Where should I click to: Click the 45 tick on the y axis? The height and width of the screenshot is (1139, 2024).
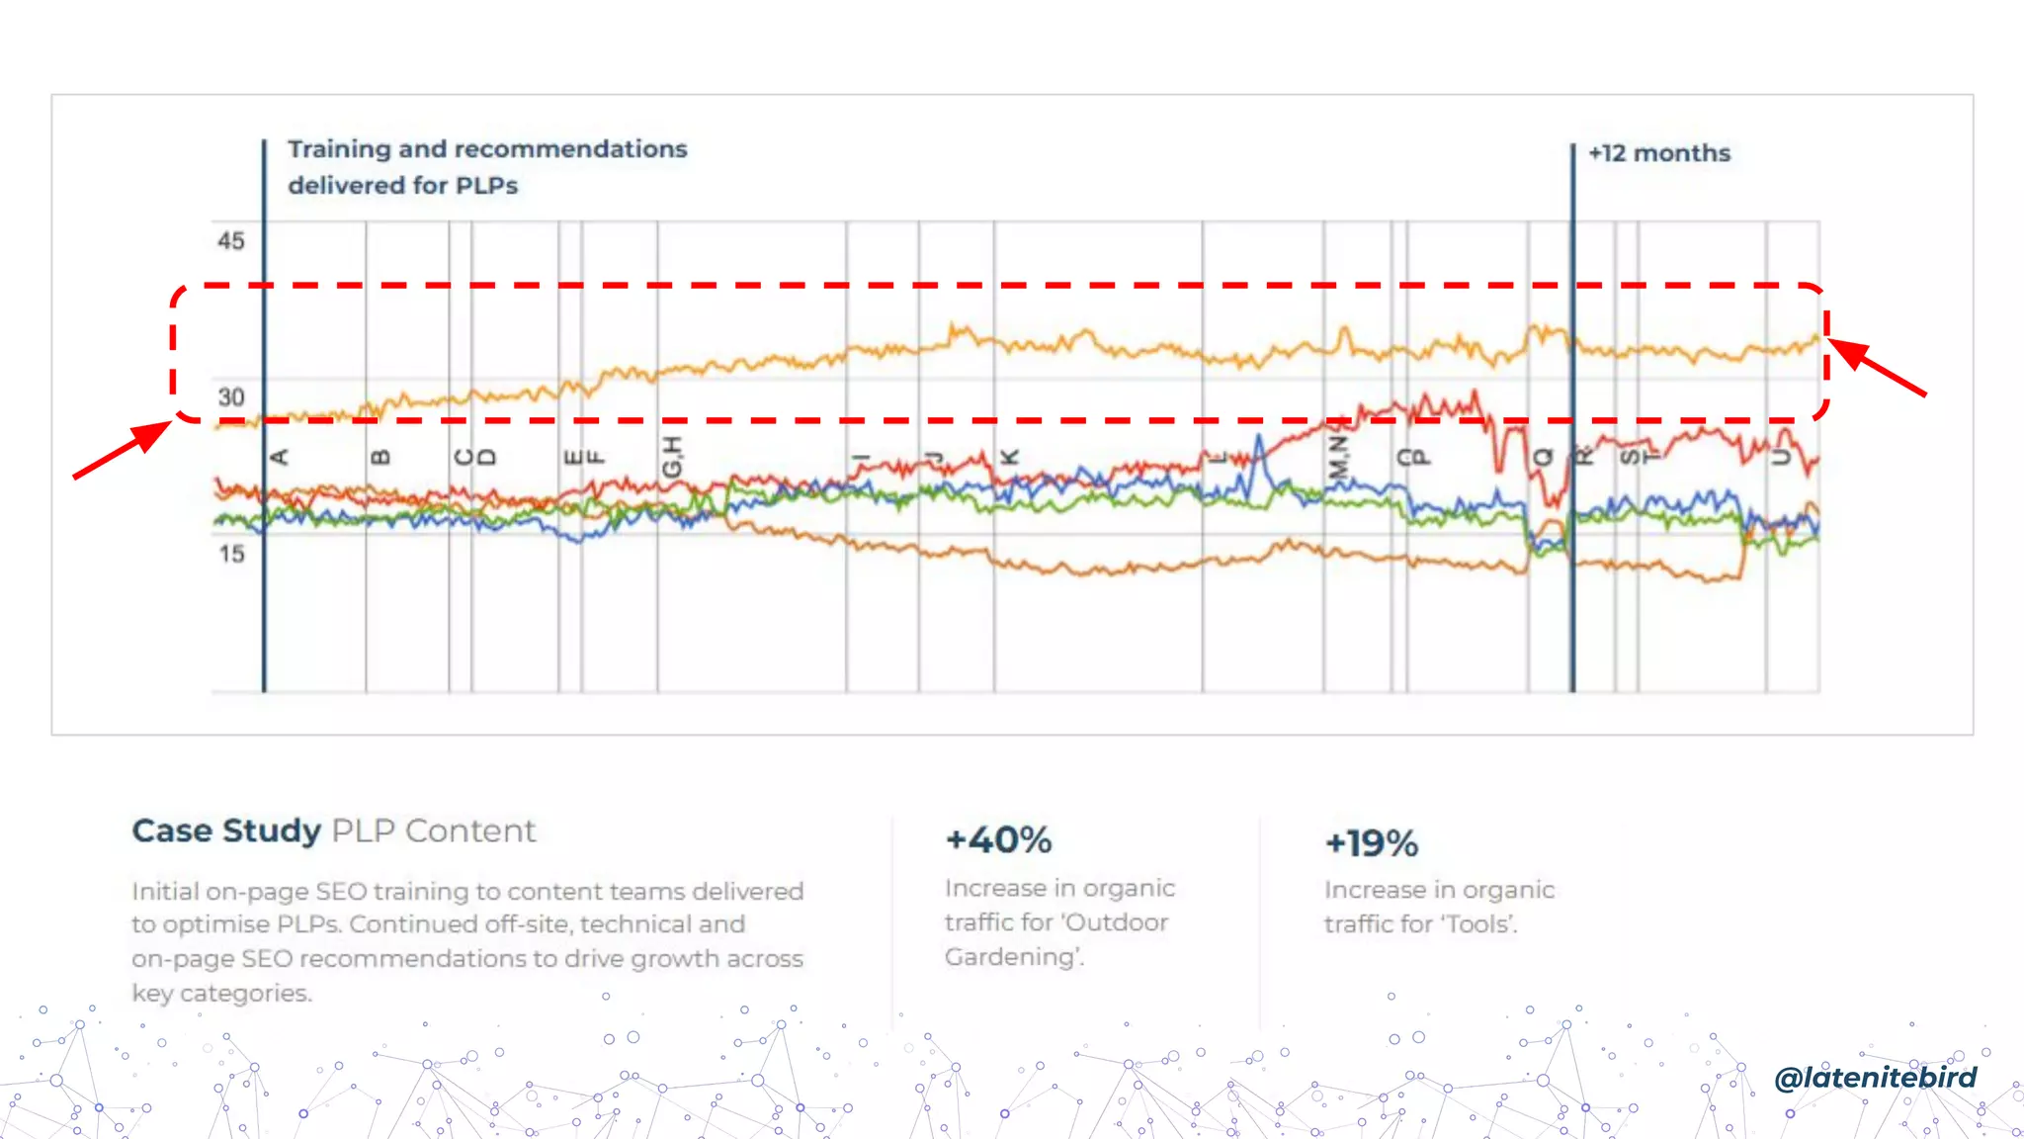[x=231, y=240]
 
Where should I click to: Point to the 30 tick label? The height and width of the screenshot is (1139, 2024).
[x=231, y=397]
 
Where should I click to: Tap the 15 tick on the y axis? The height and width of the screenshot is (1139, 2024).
[x=232, y=554]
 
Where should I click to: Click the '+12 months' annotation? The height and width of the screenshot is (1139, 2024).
[x=1659, y=153]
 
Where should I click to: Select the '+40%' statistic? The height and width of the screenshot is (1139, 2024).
[x=998, y=840]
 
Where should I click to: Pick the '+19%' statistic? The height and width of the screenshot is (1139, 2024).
[x=1371, y=843]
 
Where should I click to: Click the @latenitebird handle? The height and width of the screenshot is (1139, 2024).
[x=1875, y=1077]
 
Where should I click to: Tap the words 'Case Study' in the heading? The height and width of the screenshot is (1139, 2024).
[x=226, y=831]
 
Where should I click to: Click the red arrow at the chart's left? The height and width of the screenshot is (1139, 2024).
[x=124, y=451]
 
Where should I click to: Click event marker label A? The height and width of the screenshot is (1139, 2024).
[x=279, y=457]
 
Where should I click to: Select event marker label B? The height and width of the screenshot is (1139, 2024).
[x=380, y=457]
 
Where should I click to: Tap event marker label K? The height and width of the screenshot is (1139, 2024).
[x=1009, y=457]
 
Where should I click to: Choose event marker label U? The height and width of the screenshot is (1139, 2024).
[x=1780, y=457]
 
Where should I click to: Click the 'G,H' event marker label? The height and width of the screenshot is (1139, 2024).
[x=672, y=457]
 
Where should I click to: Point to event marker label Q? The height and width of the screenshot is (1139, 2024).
[x=1543, y=457]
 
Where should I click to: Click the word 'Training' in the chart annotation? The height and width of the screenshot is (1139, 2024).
[x=339, y=149]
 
